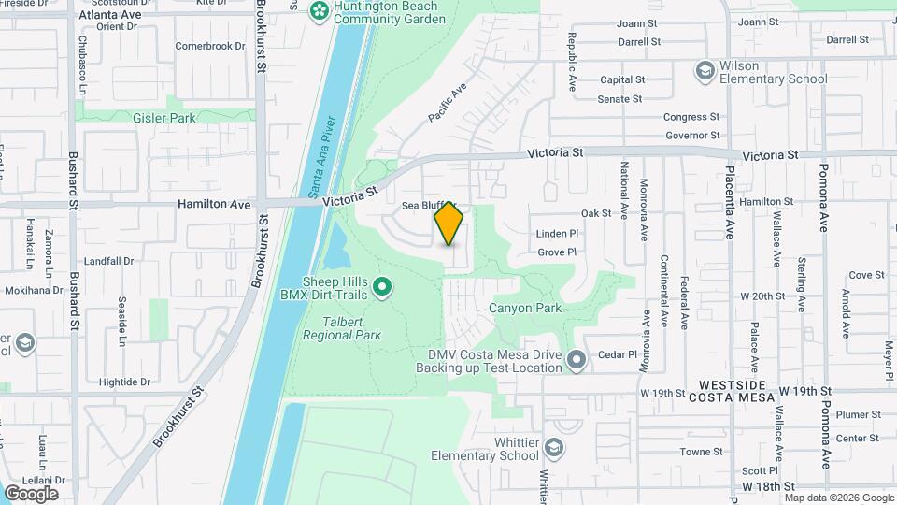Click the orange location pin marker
pos(449,224)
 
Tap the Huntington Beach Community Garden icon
pos(320,10)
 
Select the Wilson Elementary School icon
pos(705,71)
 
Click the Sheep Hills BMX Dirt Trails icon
pos(381,288)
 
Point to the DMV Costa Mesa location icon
pos(577,359)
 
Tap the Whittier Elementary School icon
pos(555,450)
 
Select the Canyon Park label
pos(524,308)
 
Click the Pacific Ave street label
pos(448,104)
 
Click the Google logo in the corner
pos(31,493)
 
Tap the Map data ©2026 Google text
pos(838,498)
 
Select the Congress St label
pos(691,117)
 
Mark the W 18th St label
pos(768,487)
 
